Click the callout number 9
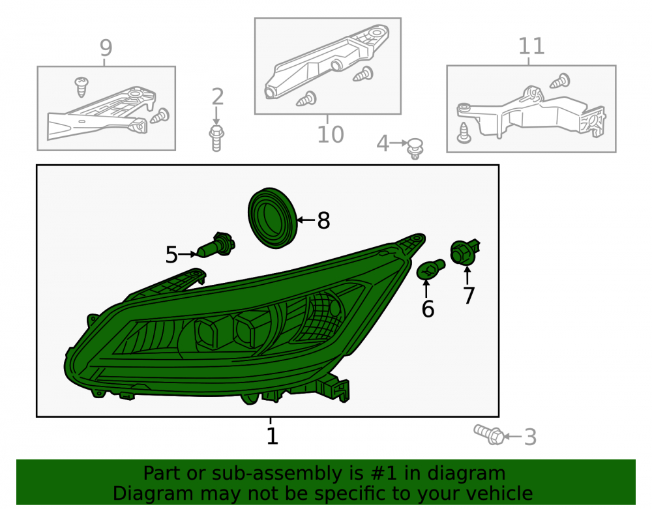[106, 48]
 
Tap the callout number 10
[331, 134]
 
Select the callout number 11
[531, 46]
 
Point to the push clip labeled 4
[415, 149]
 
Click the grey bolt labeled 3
[489, 435]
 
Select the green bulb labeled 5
[216, 246]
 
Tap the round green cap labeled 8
[273, 218]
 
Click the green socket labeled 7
[465, 252]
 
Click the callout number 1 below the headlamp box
[272, 436]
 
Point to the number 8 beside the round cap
[323, 220]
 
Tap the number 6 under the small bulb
[428, 309]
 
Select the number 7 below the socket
[469, 295]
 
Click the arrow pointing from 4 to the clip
[399, 143]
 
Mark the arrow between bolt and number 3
[512, 436]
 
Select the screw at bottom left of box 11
[464, 133]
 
